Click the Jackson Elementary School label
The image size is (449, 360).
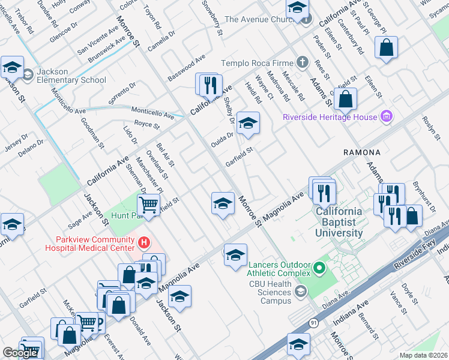point(71,76)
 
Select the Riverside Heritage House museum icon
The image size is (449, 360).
point(387,116)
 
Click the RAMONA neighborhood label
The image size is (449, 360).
point(363,153)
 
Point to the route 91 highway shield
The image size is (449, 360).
point(313,323)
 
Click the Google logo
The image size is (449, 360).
point(20,353)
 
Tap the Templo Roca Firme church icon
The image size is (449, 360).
point(303,63)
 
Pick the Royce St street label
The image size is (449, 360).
point(146,125)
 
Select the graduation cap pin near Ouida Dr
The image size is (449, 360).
point(248,123)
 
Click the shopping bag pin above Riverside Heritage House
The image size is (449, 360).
point(345,99)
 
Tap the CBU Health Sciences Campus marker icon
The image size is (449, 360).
point(301,292)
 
